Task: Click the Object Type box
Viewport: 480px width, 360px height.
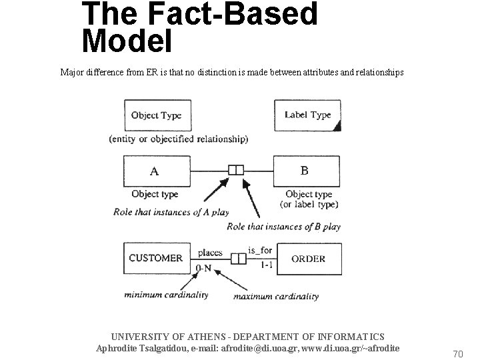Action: click(156, 115)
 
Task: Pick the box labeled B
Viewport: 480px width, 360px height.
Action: click(307, 171)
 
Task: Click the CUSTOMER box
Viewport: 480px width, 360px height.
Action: click(156, 258)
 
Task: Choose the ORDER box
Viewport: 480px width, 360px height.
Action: click(308, 259)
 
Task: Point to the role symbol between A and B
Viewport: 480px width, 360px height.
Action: click(236, 170)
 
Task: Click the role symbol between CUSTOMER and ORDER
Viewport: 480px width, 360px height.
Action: click(239, 258)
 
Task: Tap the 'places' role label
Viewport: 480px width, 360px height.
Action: click(211, 253)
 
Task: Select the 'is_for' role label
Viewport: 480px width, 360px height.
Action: click(260, 251)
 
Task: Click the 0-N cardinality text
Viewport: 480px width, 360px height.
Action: click(204, 268)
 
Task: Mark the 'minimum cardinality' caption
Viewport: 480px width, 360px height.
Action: click(167, 295)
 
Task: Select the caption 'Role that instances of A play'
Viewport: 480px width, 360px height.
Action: click(171, 213)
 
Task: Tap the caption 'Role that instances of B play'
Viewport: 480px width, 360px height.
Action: click(283, 227)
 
